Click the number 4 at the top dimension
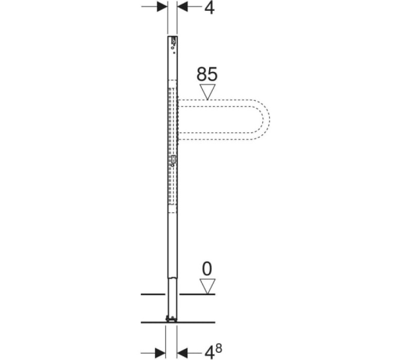tap(210, 8)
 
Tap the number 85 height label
tap(207, 74)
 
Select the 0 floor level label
tap(207, 269)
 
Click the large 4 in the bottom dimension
tap(210, 352)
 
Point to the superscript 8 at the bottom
tap(219, 349)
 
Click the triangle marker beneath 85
tap(208, 92)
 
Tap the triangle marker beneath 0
tap(208, 286)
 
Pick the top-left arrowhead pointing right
tap(162, 7)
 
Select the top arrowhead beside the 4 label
tap(183, 7)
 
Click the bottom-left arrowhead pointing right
tap(160, 352)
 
